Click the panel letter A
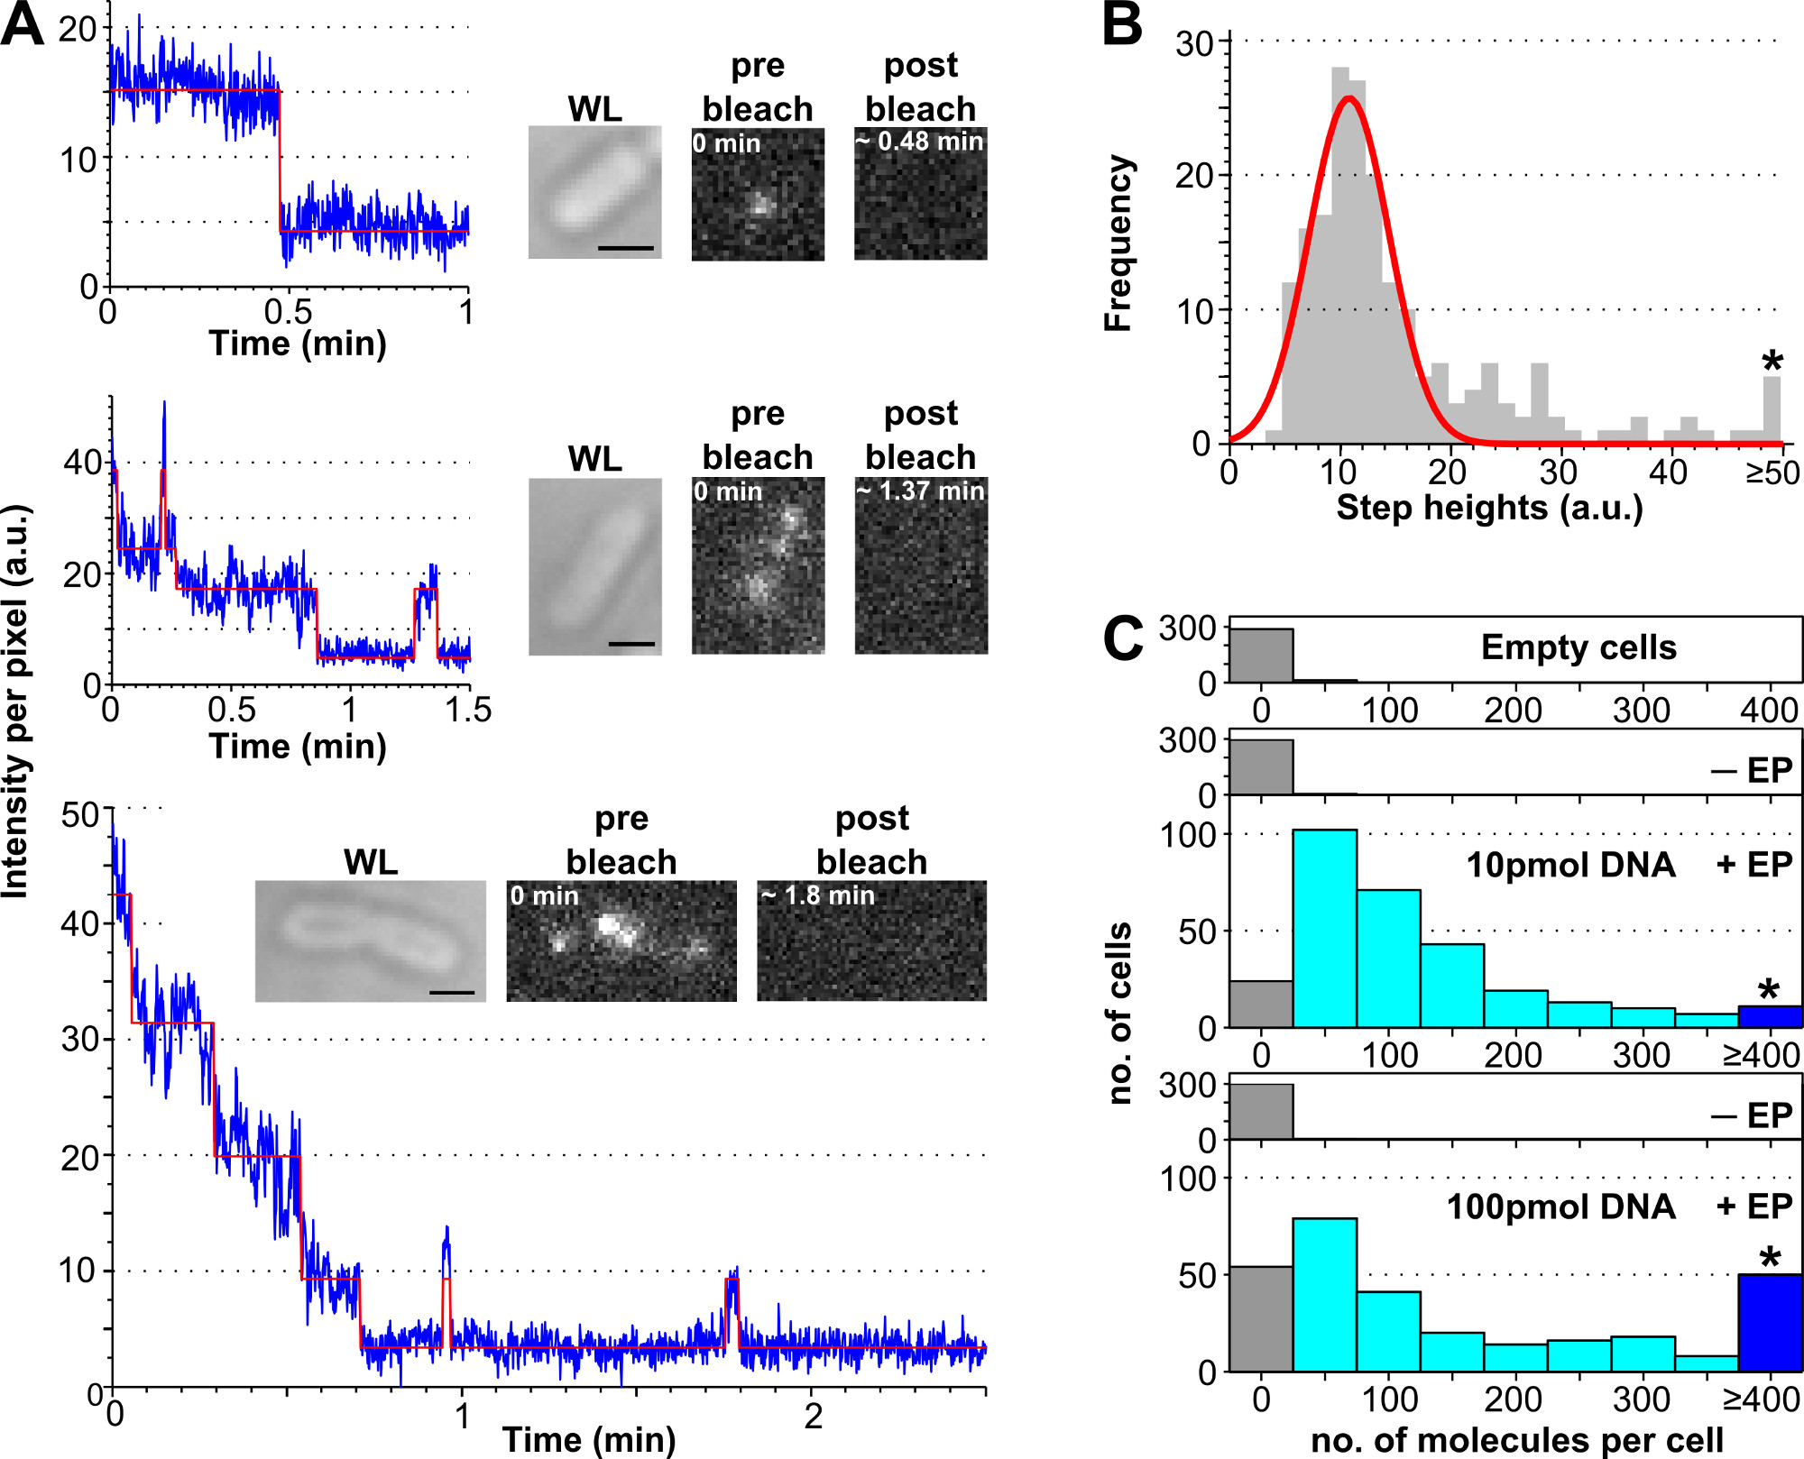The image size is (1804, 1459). tap(22, 25)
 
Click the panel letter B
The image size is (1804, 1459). tap(1123, 25)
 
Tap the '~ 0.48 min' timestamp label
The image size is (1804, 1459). tap(919, 142)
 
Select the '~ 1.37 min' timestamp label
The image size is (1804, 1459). tap(921, 491)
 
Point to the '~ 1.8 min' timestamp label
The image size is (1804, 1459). tap(818, 895)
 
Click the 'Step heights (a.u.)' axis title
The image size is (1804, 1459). tap(1489, 508)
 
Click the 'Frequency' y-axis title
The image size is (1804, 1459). tap(1118, 243)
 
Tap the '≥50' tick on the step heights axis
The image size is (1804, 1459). tap(1772, 473)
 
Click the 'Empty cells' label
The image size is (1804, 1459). tap(1578, 647)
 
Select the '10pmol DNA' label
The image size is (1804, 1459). tap(1570, 865)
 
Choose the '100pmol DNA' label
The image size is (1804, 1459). tap(1560, 1207)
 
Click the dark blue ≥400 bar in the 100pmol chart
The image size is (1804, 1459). tap(1770, 1323)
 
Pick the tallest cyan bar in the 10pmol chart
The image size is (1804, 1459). tap(1324, 929)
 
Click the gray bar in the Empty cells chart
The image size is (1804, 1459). tap(1261, 656)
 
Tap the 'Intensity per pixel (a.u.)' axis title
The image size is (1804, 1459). tap(16, 702)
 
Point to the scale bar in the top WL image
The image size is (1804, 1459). tap(625, 247)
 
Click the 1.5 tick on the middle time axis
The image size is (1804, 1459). tap(468, 711)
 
